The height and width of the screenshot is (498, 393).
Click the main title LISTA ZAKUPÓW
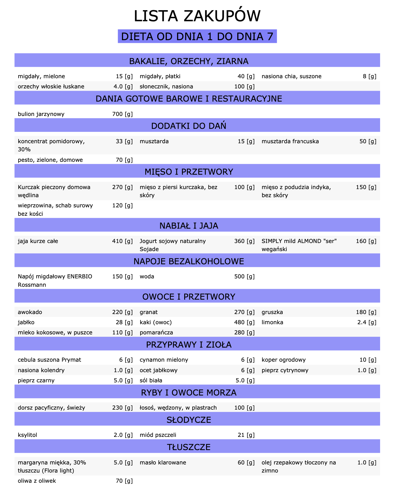click(x=197, y=16)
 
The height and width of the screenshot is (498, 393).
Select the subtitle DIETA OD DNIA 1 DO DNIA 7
click(x=197, y=37)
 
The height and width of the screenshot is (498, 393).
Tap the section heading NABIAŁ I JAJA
click(x=189, y=226)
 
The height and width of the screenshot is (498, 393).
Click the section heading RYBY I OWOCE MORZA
click(x=189, y=393)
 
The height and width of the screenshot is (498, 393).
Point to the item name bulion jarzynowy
click(x=41, y=114)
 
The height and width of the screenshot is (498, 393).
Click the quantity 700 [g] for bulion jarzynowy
click(x=122, y=114)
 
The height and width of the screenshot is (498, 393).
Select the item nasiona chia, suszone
click(x=291, y=76)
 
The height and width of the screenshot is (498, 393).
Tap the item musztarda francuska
click(x=290, y=141)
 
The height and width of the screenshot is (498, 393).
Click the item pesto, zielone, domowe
click(x=50, y=160)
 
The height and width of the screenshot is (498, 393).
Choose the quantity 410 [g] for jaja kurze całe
click(x=122, y=241)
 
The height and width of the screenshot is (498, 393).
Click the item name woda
click(x=147, y=277)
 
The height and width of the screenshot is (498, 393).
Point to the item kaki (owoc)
click(x=155, y=322)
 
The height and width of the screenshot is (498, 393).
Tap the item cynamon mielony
click(x=164, y=360)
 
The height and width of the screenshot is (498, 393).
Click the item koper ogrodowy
click(x=283, y=360)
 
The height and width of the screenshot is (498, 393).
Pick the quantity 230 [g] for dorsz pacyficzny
click(x=122, y=408)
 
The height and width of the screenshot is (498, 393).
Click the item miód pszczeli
click(x=158, y=435)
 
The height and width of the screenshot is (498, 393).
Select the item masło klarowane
click(x=163, y=463)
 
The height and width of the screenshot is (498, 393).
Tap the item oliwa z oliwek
click(x=37, y=481)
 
